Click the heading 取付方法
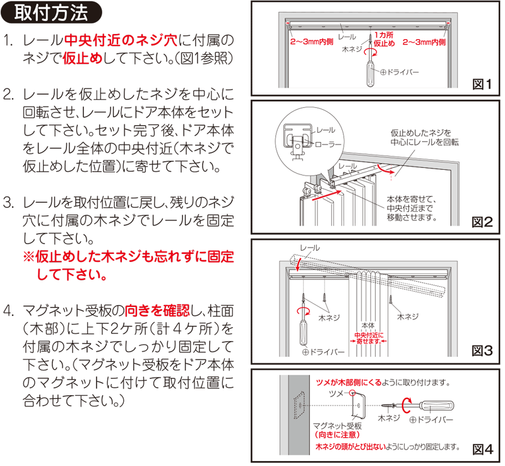click(x=51, y=13)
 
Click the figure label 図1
click(x=482, y=85)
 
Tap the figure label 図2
click(x=482, y=222)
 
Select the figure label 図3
click(x=482, y=350)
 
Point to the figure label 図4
click(x=483, y=449)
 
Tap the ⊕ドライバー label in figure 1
click(x=400, y=72)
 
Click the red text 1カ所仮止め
click(x=384, y=39)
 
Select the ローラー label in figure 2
click(x=328, y=145)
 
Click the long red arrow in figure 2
click(x=326, y=196)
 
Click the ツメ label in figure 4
click(x=336, y=393)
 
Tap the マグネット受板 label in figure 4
click(x=337, y=426)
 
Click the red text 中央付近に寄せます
click(x=369, y=338)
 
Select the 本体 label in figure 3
click(x=368, y=326)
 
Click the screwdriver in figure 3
click(x=304, y=322)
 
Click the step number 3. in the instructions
click(x=8, y=203)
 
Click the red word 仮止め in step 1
click(x=83, y=58)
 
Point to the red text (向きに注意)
click(x=337, y=434)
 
